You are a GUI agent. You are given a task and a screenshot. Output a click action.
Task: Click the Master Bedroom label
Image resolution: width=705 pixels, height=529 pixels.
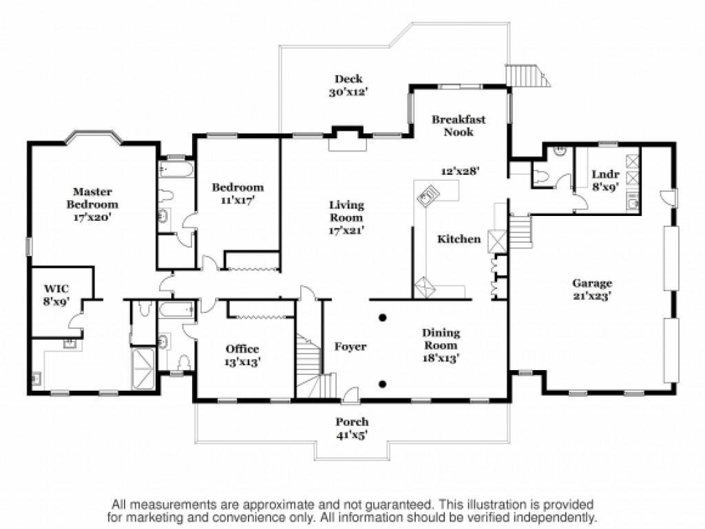point(93,198)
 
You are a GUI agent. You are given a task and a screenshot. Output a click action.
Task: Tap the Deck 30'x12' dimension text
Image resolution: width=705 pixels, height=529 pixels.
point(348,92)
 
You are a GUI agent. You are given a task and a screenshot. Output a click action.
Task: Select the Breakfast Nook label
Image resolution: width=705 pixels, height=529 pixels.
point(459,126)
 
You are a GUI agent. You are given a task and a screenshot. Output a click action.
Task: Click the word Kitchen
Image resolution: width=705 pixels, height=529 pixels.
point(459,239)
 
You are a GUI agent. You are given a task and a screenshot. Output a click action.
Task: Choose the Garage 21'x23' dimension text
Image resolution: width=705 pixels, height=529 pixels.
point(592,296)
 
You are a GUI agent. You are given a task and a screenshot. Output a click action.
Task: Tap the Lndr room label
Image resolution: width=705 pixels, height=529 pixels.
point(606,174)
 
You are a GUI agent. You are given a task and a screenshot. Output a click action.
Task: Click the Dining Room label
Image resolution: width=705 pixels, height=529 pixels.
point(441,339)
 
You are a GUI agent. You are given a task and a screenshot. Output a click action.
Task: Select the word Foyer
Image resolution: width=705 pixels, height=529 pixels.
point(350,347)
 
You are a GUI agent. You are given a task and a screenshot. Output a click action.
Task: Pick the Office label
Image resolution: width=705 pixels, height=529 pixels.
point(242,349)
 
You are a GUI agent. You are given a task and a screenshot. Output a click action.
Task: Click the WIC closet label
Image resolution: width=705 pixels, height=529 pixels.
point(56,288)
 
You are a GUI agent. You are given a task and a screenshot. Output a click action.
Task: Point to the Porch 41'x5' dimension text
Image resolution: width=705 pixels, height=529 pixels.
point(352,435)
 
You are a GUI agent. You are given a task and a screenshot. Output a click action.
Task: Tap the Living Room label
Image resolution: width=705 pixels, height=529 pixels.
point(347,211)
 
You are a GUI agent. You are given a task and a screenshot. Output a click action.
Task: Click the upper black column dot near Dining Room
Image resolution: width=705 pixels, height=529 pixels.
point(383,318)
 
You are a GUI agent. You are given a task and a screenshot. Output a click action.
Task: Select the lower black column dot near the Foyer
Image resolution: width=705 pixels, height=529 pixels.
point(383,384)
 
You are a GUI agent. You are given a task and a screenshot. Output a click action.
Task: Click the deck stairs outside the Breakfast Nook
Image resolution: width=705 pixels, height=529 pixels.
point(527,76)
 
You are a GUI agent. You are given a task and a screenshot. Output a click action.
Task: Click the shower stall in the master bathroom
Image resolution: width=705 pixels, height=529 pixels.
point(143,368)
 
